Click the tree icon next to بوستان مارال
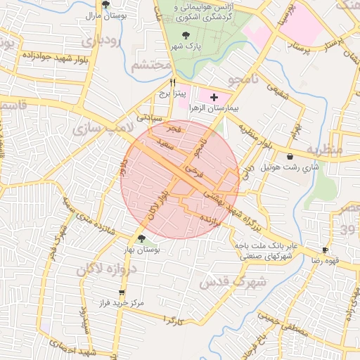pos(105,4)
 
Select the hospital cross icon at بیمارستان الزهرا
pos(214,96)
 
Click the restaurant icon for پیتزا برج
pos(162,82)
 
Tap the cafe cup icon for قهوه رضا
pos(325,250)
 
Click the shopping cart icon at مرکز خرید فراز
pos(122,292)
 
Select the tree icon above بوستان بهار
pos(143,239)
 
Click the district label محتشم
pos(151,65)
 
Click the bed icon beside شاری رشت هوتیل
pos(290,156)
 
